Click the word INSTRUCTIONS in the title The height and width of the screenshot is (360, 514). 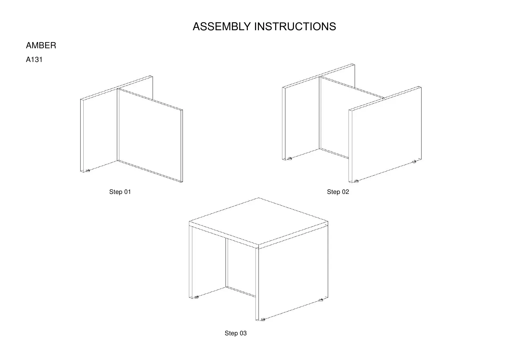coord(295,27)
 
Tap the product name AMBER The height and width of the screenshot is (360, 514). coord(41,45)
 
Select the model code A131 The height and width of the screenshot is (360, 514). coord(34,60)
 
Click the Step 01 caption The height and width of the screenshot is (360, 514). coord(120,192)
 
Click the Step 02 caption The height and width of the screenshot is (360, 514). coord(338,192)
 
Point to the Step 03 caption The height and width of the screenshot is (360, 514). coord(235,333)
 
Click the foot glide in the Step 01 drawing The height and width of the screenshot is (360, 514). coord(88,171)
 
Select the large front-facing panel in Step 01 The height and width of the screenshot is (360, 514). coord(150,136)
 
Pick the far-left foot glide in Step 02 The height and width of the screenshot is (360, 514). coord(289,158)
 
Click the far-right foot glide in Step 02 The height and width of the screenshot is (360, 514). coord(414,161)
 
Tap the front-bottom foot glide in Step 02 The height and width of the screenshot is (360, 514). coord(356,181)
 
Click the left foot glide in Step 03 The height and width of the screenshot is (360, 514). coord(196,297)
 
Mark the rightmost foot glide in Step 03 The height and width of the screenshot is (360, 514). coord(321,300)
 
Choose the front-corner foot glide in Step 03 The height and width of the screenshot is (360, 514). coord(262,320)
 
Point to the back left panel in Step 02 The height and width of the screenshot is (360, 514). coord(301,122)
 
